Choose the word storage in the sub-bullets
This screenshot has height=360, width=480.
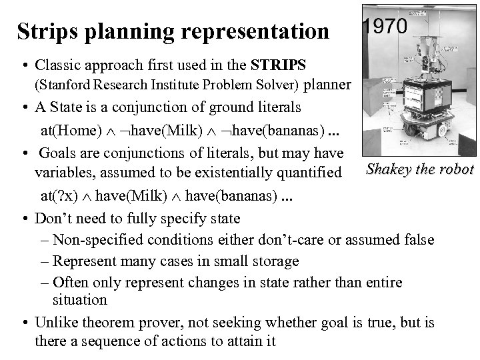point(275,261)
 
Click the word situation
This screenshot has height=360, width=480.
point(80,301)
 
